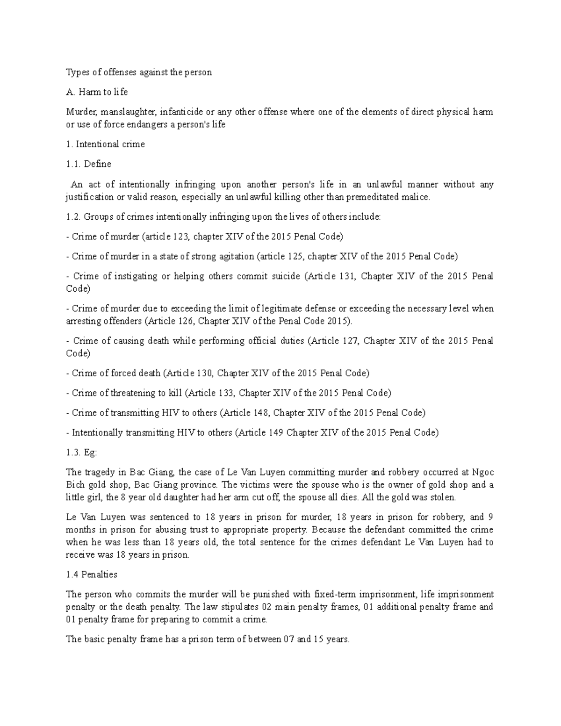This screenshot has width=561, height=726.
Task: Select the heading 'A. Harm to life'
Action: (x=97, y=92)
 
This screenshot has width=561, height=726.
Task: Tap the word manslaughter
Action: (x=128, y=112)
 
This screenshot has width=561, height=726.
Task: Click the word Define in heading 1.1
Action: (x=98, y=164)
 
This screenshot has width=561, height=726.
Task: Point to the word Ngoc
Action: (x=483, y=472)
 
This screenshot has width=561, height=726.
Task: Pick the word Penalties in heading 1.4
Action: (x=99, y=574)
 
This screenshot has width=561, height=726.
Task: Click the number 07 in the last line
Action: (x=288, y=639)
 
